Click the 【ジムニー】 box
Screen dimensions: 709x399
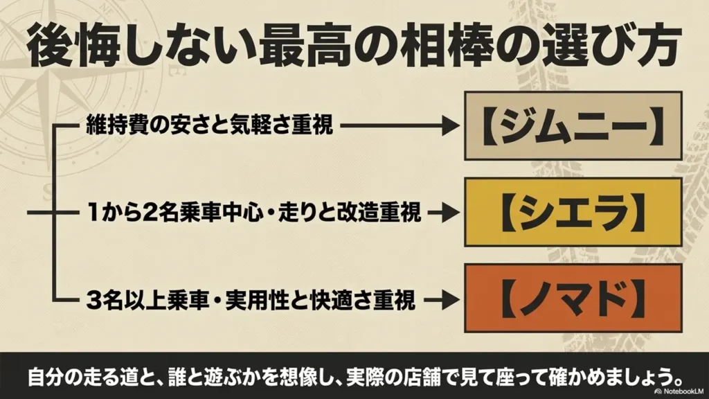[x=573, y=126]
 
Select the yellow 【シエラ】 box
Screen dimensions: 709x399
[x=573, y=212]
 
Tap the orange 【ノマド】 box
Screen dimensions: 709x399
[x=573, y=299]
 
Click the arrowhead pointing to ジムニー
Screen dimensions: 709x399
[x=450, y=125]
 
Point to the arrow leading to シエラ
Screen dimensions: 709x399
[x=444, y=213]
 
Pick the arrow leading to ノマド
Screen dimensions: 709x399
[x=441, y=299]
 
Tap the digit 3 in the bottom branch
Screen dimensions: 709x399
[x=93, y=300]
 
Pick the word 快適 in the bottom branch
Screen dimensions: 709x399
[x=331, y=300]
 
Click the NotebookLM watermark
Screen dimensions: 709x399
[x=679, y=391]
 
